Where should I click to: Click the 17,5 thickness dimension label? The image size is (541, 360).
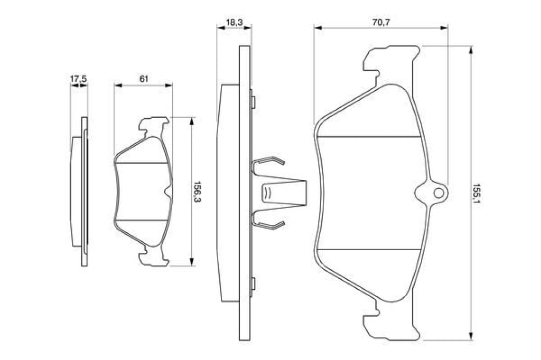[79, 79]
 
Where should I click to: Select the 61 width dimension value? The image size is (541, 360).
[144, 79]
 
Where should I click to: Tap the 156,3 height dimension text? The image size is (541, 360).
[197, 192]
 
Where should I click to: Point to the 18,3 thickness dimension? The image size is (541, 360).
[234, 22]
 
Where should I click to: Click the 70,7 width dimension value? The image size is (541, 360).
[381, 22]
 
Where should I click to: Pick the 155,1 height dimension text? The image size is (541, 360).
[477, 194]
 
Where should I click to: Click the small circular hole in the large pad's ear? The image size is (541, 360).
[439, 193]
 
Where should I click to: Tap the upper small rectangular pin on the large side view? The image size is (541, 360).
[253, 102]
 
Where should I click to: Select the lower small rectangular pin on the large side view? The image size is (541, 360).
[253, 283]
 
